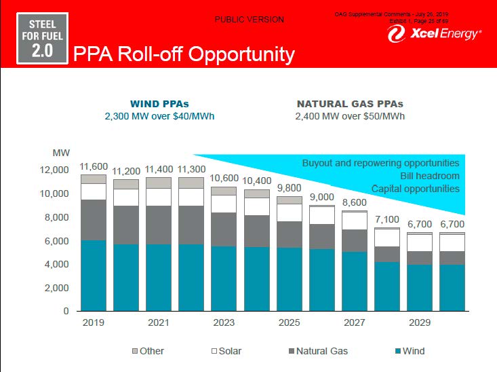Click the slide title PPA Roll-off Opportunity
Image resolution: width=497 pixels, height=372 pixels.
click(x=184, y=54)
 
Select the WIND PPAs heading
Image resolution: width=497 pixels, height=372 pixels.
click(x=159, y=104)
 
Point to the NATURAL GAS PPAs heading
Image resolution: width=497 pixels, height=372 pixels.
click(x=350, y=104)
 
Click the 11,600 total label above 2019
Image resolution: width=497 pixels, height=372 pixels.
click(x=94, y=166)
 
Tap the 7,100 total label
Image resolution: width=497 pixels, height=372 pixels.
click(x=387, y=219)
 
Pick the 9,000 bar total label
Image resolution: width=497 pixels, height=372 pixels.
click(x=322, y=197)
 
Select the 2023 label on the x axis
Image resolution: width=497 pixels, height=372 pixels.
click(x=224, y=322)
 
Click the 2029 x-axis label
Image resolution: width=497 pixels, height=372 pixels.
click(x=420, y=322)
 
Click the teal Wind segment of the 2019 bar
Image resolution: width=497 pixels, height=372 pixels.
click(x=94, y=276)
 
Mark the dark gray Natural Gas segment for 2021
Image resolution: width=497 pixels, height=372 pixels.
click(x=159, y=225)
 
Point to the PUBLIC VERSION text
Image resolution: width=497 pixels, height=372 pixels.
click(x=250, y=20)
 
